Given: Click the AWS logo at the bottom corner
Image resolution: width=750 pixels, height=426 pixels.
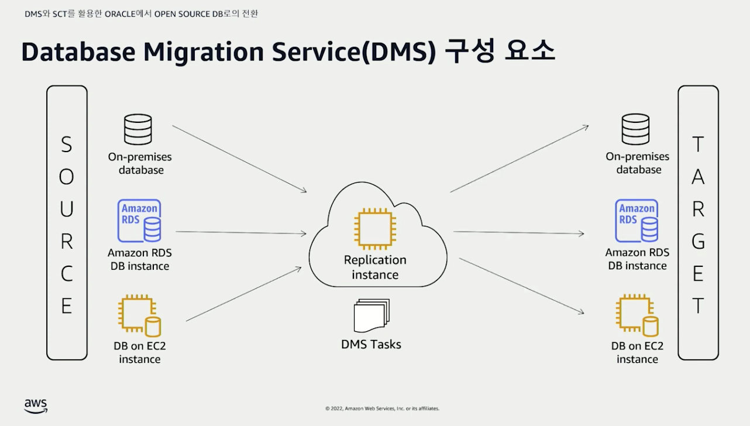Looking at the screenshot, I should click(36, 406).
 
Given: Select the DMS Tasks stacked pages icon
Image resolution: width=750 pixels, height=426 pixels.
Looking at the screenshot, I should click(371, 316).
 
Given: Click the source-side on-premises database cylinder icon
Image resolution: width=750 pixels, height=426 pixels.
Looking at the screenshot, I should click(138, 129).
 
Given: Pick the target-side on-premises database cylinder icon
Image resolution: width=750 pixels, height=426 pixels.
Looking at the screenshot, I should click(635, 129).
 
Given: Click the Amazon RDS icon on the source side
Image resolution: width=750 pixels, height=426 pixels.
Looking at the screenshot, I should click(139, 221).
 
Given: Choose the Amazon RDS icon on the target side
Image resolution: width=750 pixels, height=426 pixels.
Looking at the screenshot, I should click(637, 221).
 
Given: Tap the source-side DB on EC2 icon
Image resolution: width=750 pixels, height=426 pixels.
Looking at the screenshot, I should click(139, 316).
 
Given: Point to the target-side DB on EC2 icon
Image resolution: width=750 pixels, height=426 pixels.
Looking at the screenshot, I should click(637, 316).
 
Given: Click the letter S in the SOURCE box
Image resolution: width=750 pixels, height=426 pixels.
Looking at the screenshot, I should click(67, 145).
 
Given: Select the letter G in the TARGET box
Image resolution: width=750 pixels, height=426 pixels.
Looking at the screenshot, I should click(698, 242).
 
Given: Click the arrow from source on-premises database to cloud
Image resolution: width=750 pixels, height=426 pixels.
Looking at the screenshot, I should click(239, 159).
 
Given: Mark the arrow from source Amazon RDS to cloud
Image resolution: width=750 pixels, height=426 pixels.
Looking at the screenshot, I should click(240, 232).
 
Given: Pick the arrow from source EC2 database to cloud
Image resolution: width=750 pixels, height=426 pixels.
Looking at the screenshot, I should click(243, 294).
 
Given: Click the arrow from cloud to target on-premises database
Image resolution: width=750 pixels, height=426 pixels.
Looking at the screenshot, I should click(520, 159).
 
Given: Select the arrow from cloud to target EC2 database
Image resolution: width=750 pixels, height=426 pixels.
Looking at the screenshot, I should click(521, 286).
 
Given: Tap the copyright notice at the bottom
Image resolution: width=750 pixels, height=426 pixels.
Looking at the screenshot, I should click(382, 408).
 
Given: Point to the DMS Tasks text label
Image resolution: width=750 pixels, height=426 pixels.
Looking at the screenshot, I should click(371, 345).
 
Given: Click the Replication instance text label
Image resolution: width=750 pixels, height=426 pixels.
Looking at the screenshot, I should click(375, 267).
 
